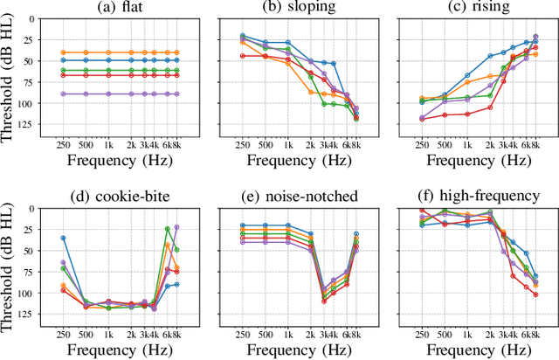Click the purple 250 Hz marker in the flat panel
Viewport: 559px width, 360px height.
63,93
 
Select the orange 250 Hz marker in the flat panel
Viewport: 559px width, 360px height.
63,52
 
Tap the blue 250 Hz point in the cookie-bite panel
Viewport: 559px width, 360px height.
63,238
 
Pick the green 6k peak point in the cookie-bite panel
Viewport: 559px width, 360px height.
168,229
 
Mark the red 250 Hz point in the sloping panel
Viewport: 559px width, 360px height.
243,56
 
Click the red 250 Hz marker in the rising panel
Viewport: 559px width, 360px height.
423,119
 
